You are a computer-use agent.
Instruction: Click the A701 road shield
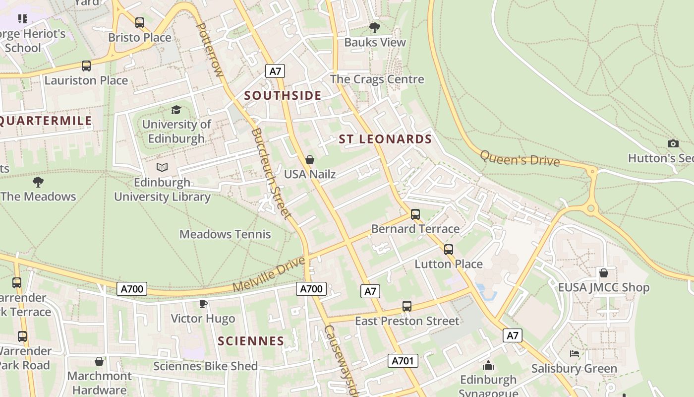click(x=403, y=361)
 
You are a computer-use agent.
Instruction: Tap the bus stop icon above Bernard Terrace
click(x=415, y=214)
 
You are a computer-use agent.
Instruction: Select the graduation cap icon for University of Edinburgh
click(x=176, y=110)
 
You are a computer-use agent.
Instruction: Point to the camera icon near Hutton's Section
click(x=673, y=144)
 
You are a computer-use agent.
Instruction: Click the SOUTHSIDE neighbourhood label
click(x=283, y=96)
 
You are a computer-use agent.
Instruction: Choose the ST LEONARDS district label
click(x=386, y=139)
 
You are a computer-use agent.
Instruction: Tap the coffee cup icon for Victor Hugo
click(x=203, y=304)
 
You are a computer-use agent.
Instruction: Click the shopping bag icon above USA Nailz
click(x=310, y=160)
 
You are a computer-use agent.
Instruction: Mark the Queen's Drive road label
click(x=520, y=158)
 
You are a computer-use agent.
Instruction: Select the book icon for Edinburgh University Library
click(x=162, y=168)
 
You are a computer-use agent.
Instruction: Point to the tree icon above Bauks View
click(x=375, y=28)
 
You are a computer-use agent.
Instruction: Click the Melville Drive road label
click(x=268, y=274)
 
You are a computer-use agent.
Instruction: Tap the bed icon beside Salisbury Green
click(x=574, y=354)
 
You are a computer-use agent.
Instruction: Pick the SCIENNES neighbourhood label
click(x=251, y=341)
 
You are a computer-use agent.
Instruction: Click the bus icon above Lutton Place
click(x=449, y=250)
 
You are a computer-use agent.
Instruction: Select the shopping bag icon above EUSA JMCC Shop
click(x=604, y=273)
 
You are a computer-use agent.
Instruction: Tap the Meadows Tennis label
click(x=225, y=234)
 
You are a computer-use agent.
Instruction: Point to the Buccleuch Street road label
click(x=271, y=174)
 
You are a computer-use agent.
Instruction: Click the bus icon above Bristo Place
click(x=140, y=23)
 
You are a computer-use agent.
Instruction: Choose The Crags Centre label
click(x=377, y=79)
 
